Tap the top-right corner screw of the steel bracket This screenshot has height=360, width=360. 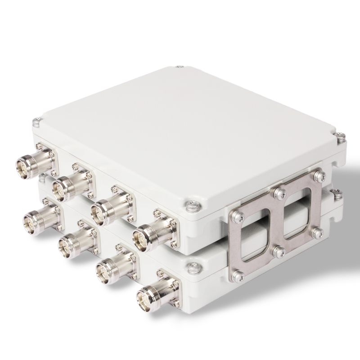point(319,175)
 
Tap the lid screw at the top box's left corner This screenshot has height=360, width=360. point(36,121)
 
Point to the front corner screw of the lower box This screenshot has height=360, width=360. point(193,270)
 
